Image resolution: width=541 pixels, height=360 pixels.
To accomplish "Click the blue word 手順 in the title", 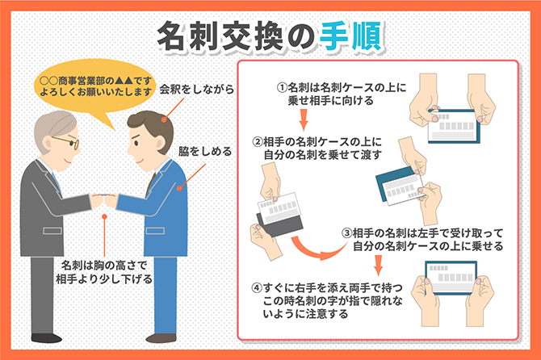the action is (x=351, y=36).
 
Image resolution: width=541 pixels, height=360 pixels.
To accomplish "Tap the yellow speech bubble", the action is (x=95, y=86).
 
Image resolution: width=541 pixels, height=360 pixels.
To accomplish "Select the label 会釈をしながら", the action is (x=197, y=90).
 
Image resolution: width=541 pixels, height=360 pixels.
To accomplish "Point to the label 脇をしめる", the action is (x=205, y=151).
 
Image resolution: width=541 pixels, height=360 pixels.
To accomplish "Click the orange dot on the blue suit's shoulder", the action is (x=179, y=188).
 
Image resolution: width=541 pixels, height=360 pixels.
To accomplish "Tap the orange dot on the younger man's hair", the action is (x=164, y=120).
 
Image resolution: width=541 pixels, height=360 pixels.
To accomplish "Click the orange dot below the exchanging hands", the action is (x=104, y=216).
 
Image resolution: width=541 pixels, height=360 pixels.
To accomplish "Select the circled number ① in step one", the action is (x=282, y=88).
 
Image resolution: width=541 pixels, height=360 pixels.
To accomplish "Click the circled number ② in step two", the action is (x=258, y=142).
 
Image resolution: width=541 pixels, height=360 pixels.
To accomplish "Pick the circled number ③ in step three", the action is (x=346, y=233).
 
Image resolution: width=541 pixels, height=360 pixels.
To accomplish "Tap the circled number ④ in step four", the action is (x=257, y=287).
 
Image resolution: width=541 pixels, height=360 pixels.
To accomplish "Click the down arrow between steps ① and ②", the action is (x=304, y=119).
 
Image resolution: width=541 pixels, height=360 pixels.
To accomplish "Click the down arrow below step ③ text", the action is (x=379, y=266).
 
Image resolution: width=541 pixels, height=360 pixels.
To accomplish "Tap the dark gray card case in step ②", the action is (x=281, y=224).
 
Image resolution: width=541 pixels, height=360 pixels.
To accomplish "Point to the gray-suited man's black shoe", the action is (x=47, y=337).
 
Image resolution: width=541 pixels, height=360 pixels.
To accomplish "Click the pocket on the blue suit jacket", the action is (x=155, y=231).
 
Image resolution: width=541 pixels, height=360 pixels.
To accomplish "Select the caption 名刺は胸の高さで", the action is (x=104, y=266).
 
